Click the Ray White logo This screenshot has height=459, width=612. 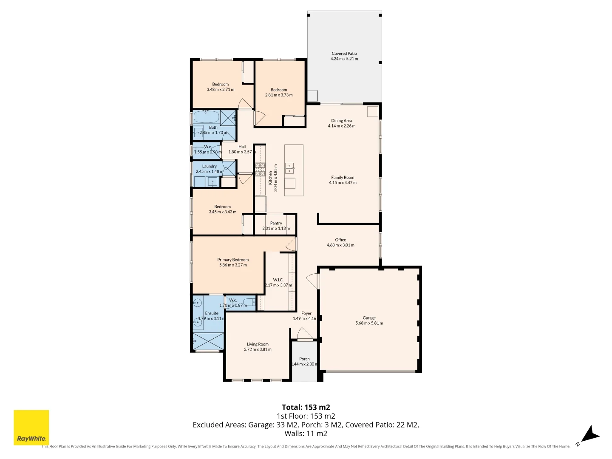31,427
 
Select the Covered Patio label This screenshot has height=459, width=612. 344,54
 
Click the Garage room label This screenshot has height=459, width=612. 369,318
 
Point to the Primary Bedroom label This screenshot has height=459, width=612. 233,260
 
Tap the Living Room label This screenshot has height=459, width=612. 258,344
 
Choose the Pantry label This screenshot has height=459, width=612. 276,223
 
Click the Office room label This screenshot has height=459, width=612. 340,240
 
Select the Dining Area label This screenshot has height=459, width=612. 342,121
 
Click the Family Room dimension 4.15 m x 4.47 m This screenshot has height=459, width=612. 343,183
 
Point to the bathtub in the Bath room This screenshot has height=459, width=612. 206,116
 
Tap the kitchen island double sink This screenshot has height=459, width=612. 289,168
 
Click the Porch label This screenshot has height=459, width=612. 304,359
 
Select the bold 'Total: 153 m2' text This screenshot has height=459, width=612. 306,407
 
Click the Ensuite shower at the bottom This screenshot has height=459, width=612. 208,341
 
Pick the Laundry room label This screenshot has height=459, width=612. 210,166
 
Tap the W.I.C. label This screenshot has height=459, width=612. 278,280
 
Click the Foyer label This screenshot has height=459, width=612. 306,313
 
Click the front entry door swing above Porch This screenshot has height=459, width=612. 304,334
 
